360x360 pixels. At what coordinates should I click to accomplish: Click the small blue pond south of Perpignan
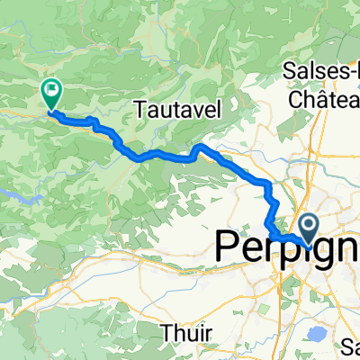[316, 310]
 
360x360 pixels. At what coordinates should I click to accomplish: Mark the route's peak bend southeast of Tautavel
[199, 146]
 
